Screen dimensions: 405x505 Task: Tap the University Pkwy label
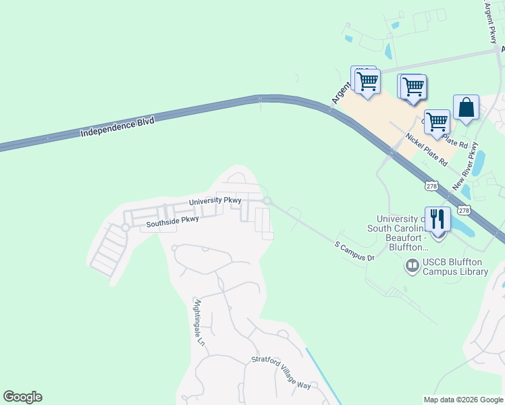pyautogui.click(x=215, y=201)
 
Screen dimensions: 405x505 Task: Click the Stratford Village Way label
pyautogui.click(x=281, y=373)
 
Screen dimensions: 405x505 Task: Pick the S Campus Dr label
pyautogui.click(x=355, y=250)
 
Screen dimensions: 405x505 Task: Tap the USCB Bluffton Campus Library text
pyautogui.click(x=455, y=267)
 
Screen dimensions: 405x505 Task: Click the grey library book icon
pyautogui.click(x=412, y=267)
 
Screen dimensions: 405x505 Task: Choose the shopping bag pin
pyautogui.click(x=466, y=107)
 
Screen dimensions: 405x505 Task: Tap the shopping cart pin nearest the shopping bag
pyautogui.click(x=437, y=122)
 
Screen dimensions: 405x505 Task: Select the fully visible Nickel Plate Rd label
pyautogui.click(x=426, y=150)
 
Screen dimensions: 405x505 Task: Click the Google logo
pyautogui.click(x=22, y=397)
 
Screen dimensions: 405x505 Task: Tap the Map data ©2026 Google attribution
pyautogui.click(x=462, y=400)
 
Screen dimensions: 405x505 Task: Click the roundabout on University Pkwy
pyautogui.click(x=267, y=201)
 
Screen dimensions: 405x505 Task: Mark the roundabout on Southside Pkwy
pyautogui.click(x=125, y=227)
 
